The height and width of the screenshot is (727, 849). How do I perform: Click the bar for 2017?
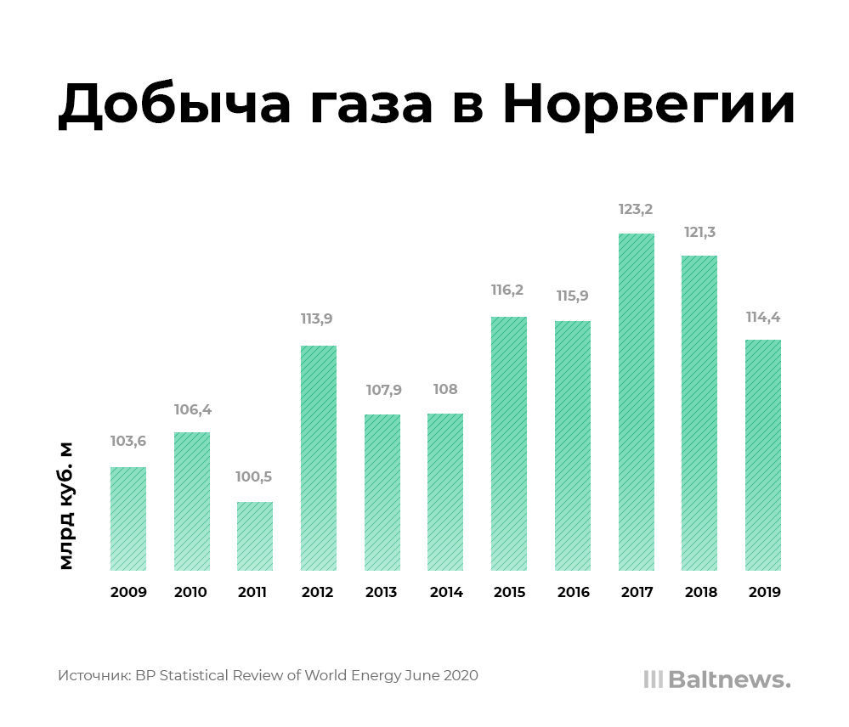pos(636,402)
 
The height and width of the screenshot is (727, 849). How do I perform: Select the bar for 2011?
pos(255,536)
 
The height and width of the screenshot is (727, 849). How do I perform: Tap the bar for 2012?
pos(318,458)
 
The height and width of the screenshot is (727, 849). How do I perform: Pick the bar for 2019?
pos(762,455)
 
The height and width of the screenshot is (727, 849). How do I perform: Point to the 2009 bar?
pos(128,518)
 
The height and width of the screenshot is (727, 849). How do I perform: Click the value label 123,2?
pos(636,209)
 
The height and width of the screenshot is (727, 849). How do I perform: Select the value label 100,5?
pos(254,477)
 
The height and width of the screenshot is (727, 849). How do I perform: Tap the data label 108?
pos(444,390)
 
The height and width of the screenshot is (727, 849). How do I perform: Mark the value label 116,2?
pos(507,290)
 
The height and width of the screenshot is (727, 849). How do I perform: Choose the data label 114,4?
pos(763,317)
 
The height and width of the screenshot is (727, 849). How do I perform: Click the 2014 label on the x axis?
pos(445,593)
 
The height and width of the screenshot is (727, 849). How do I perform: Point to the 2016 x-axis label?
pos(574,593)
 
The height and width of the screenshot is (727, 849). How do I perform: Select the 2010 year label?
pos(190,593)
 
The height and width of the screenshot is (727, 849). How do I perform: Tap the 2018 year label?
pos(699,593)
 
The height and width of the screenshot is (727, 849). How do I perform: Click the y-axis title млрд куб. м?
pos(66,506)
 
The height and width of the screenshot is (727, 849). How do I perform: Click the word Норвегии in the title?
pos(648,106)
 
